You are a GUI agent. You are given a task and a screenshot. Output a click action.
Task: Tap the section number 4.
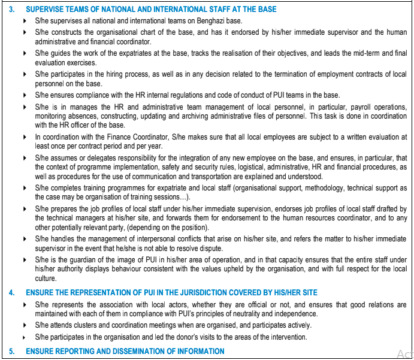(11, 294)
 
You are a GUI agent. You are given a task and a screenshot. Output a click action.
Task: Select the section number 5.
(11, 351)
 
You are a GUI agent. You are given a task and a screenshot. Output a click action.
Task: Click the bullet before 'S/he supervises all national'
(25, 20)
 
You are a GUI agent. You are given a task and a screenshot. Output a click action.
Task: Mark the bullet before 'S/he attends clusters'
(25, 325)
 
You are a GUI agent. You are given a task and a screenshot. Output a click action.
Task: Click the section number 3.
(11, 10)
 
